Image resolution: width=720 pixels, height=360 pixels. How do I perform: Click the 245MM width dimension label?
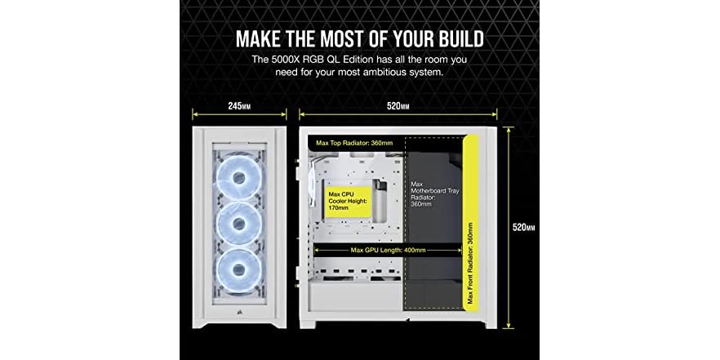click(240, 106)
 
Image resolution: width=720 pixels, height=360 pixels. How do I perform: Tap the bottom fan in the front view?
click(240, 271)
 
